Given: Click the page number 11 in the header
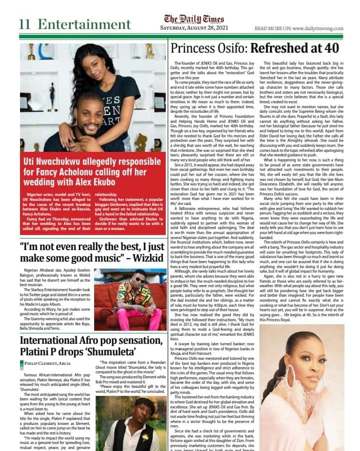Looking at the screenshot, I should tap(25, 24).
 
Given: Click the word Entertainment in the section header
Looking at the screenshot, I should tap(84, 24).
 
